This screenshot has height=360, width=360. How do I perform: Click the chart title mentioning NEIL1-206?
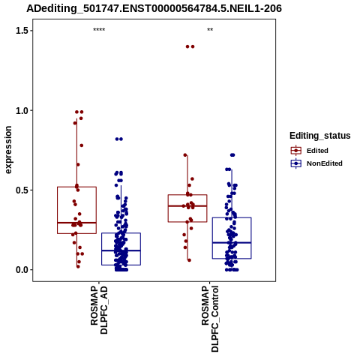(x=154, y=8)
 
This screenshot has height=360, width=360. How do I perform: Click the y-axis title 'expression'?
(x=8, y=150)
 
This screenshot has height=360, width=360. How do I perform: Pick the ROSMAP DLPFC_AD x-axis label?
(x=99, y=310)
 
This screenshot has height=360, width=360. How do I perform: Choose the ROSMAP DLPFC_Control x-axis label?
(x=210, y=319)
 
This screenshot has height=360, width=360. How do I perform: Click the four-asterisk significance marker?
(x=99, y=30)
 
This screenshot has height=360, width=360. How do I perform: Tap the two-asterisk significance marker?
(x=210, y=30)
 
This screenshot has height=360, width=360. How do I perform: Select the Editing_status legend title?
(x=320, y=136)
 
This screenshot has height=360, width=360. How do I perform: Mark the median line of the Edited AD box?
(x=76, y=223)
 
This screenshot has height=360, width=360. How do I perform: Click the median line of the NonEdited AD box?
(x=121, y=250)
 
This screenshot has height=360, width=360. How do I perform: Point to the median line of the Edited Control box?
(x=187, y=206)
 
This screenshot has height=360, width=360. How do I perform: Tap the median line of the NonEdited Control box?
(x=232, y=242)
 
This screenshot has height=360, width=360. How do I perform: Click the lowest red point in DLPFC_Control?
(x=189, y=260)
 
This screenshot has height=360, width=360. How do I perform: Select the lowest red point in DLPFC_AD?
(x=78, y=266)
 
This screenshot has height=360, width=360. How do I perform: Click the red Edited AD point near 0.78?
(x=82, y=145)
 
